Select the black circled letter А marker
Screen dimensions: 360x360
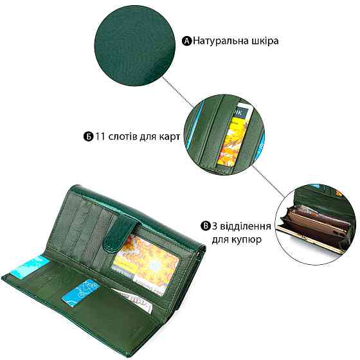(x=186, y=41)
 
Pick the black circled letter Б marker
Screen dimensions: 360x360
(x=89, y=136)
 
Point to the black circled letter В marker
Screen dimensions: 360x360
(x=206, y=226)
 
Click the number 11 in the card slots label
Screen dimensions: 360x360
(x=100, y=136)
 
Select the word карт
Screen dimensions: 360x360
(x=170, y=137)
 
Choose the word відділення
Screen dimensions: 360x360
(x=246, y=226)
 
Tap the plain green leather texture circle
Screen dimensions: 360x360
(x=135, y=46)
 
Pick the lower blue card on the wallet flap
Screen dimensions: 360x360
(x=81, y=292)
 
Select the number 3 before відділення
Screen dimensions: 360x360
(x=215, y=226)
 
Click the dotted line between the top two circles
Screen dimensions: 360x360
(x=178, y=93)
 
